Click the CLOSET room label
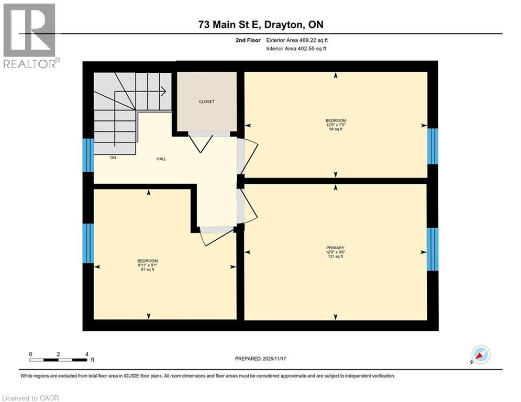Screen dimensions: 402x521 pyautogui.click(x=206, y=102)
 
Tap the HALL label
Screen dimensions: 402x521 pyautogui.click(x=161, y=159)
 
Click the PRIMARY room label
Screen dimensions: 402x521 pyautogui.click(x=335, y=248)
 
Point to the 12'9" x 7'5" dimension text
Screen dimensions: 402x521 pyautogui.click(x=336, y=125)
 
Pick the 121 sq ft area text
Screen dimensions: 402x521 pyautogui.click(x=335, y=256)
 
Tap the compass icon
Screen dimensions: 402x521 pyautogui.click(x=480, y=354)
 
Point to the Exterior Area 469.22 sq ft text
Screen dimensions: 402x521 pyautogui.click(x=297, y=40)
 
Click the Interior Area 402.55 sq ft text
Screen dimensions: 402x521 pyautogui.click(x=296, y=49)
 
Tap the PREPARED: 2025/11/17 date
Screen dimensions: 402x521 pyautogui.click(x=265, y=359)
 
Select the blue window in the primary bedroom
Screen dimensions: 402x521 pyautogui.click(x=432, y=249)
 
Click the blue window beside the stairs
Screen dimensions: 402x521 pyautogui.click(x=88, y=155)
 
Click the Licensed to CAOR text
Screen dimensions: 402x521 pyautogui.click(x=30, y=398)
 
